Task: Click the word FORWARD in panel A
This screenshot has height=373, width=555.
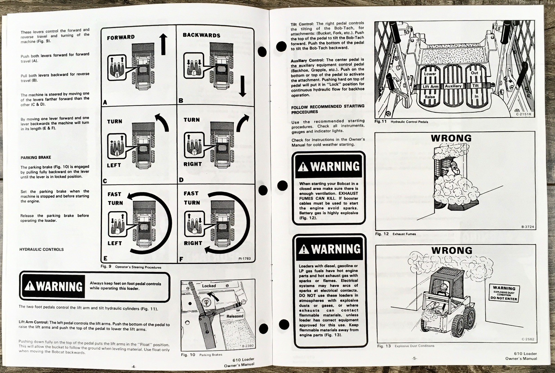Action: click(x=121, y=37)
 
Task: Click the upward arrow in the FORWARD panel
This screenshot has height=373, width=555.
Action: click(x=163, y=44)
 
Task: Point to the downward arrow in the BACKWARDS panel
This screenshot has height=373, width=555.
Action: click(x=242, y=86)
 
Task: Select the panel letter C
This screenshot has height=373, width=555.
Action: click(x=105, y=181)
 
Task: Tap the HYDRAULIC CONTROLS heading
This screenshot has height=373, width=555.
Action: click(x=42, y=249)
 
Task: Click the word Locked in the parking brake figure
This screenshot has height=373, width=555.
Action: click(x=209, y=286)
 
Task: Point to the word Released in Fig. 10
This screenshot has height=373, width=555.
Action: click(x=235, y=316)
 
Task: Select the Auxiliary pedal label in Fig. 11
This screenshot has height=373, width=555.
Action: click(x=453, y=86)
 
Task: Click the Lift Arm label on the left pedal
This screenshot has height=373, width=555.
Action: click(x=430, y=87)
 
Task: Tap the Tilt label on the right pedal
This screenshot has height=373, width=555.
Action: click(x=475, y=86)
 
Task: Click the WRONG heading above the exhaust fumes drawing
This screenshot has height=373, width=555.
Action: click(x=451, y=138)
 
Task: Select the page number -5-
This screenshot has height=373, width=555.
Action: click(x=415, y=358)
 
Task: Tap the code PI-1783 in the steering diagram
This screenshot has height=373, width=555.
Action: click(x=244, y=259)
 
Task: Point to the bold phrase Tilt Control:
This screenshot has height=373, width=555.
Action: click(x=302, y=24)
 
